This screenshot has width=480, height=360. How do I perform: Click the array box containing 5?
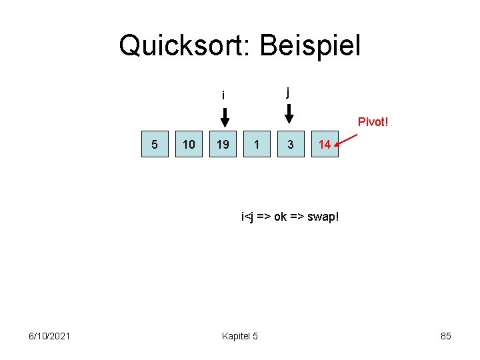[155, 144]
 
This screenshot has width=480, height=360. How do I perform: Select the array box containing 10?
[189, 144]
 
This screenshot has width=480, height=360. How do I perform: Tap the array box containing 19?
[223, 144]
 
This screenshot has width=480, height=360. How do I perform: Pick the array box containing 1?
[257, 144]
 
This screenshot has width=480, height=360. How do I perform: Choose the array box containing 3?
[291, 144]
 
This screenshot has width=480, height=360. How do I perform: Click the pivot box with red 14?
[325, 144]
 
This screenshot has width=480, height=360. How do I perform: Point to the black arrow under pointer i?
[225, 117]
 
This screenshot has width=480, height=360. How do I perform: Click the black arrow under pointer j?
[289, 115]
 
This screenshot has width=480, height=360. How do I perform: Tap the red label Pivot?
[373, 122]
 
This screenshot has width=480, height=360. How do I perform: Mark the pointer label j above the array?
[287, 92]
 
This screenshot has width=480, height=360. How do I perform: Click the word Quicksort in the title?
[183, 46]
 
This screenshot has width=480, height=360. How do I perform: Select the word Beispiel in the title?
[311, 46]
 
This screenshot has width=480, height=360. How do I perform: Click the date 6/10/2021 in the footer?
[50, 336]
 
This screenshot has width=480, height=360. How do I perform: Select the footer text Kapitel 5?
[240, 336]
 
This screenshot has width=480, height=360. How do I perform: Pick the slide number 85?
[446, 336]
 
